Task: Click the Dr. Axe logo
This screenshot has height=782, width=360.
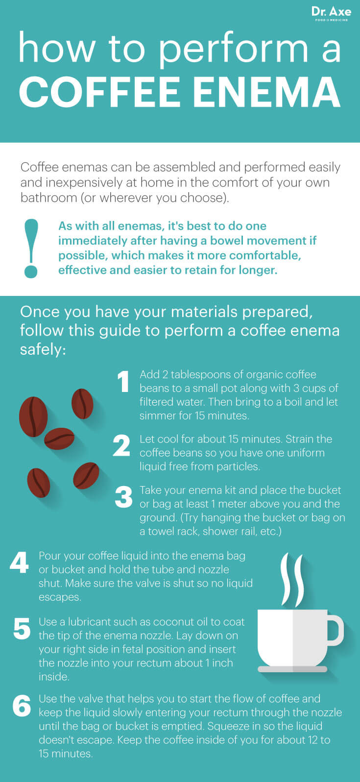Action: (331, 14)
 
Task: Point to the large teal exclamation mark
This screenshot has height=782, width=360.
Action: (31, 248)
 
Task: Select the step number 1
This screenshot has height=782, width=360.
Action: (123, 382)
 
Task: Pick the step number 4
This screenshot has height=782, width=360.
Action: (19, 562)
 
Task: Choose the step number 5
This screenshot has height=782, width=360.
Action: (22, 628)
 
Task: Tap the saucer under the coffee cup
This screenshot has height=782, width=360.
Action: (292, 669)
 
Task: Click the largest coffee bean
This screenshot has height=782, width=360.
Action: (33, 416)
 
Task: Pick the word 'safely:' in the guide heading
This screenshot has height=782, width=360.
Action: (43, 349)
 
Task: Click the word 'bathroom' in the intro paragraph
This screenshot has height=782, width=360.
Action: (49, 197)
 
